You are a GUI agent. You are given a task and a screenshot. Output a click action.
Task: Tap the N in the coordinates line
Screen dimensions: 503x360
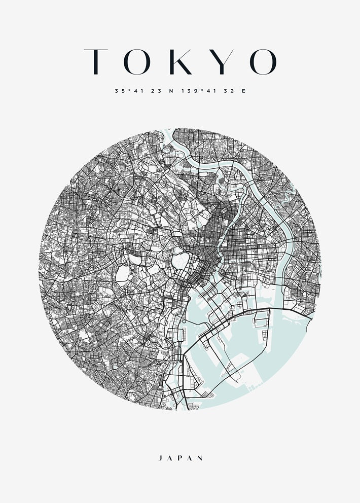point(171,91)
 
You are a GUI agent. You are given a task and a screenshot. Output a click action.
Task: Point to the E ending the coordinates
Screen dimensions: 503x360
point(243,91)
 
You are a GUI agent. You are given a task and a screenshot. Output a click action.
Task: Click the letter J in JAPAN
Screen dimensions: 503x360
point(161,458)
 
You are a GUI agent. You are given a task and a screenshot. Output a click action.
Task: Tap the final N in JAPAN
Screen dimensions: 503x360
point(201,458)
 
